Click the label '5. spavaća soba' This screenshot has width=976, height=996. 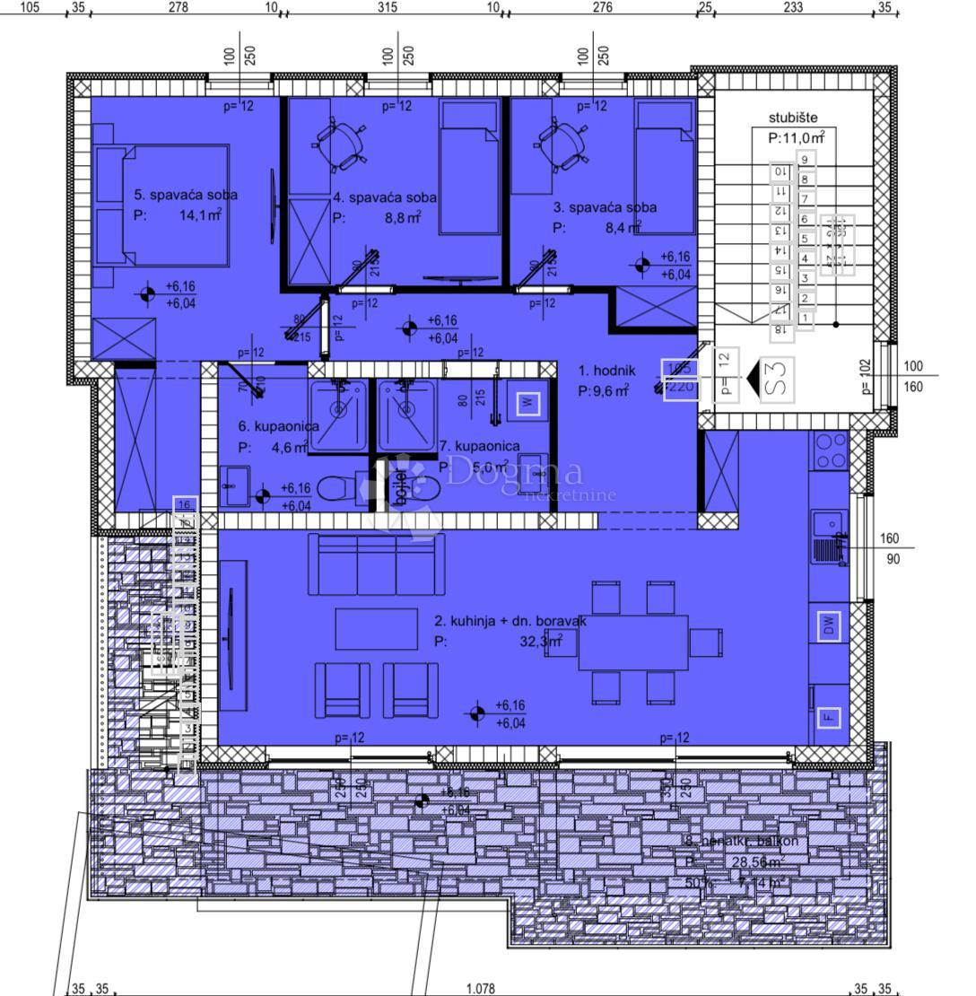click(186, 194)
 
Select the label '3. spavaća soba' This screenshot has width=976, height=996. click(605, 207)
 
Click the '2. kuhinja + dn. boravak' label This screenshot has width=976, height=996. click(510, 620)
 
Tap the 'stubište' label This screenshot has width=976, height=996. click(793, 118)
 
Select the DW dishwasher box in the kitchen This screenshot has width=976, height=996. click(829, 626)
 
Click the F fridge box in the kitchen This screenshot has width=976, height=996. click(829, 716)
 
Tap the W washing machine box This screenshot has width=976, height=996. click(528, 403)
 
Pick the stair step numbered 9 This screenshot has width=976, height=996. click(806, 160)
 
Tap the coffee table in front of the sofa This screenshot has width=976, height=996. click(376, 629)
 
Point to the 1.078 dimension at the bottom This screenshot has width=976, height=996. click(481, 988)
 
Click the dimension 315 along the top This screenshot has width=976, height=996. click(387, 8)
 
